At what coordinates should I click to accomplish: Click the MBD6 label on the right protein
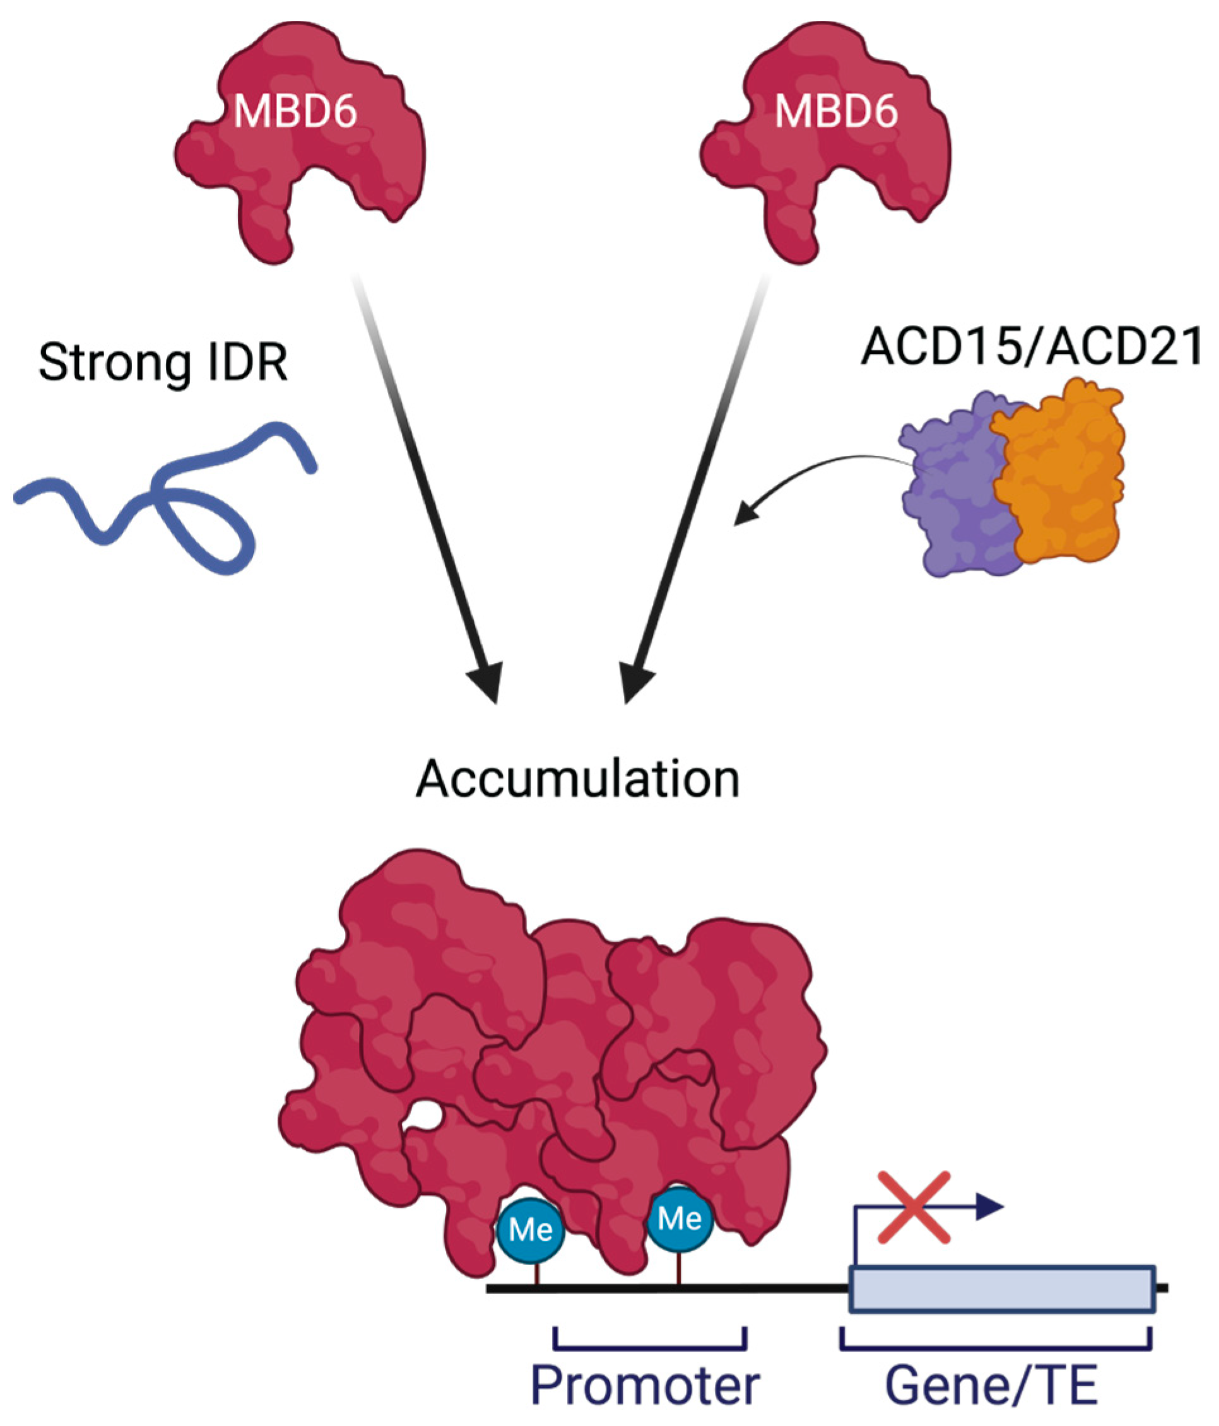click(835, 112)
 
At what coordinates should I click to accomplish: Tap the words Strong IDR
click(163, 363)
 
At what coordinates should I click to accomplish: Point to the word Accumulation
click(577, 779)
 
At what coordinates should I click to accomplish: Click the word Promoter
click(645, 1385)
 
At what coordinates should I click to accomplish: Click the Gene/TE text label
click(991, 1385)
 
